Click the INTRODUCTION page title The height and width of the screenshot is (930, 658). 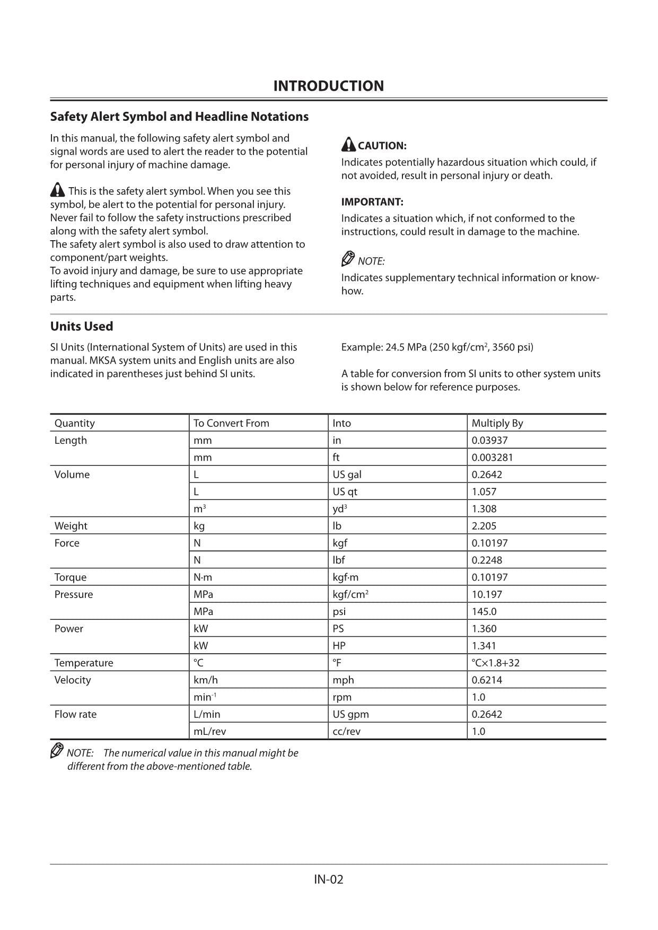(x=328, y=86)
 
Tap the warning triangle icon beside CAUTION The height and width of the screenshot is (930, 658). (x=348, y=144)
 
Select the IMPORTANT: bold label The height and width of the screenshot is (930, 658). (x=372, y=202)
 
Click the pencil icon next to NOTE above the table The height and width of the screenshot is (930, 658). (x=348, y=259)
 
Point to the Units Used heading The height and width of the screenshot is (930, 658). (x=82, y=326)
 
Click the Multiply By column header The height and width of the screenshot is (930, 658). (x=497, y=423)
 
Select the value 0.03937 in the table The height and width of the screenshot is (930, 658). (x=489, y=440)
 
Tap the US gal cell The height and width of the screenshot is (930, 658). (x=347, y=475)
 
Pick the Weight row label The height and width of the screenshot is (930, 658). (x=71, y=526)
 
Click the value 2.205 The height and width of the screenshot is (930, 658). (x=484, y=526)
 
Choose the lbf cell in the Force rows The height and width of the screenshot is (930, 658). (x=339, y=560)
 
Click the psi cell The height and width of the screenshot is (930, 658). (x=339, y=611)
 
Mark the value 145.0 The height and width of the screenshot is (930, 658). (x=484, y=611)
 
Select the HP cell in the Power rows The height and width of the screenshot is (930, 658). (x=339, y=646)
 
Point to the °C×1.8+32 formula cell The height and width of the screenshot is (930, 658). (x=495, y=663)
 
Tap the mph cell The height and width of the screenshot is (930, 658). (x=343, y=680)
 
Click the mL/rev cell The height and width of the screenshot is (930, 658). (x=209, y=731)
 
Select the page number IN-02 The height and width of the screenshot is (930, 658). (x=328, y=880)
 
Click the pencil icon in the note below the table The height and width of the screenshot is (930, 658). (x=57, y=751)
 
